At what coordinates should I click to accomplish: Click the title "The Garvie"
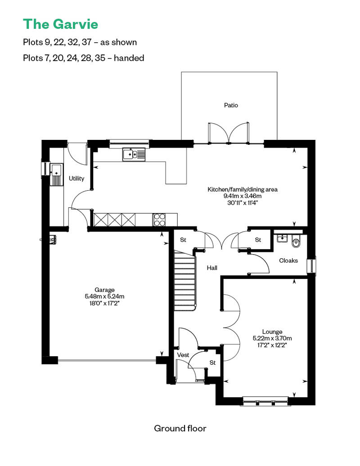click(60, 23)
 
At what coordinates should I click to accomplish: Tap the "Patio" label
click(231, 105)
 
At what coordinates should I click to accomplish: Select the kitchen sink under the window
click(134, 155)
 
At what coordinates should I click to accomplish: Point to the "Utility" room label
click(76, 179)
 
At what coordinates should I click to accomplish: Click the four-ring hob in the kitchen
click(159, 219)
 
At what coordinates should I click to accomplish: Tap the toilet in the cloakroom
click(296, 242)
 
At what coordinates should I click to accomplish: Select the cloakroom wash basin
click(282, 238)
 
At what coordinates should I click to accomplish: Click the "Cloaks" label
click(288, 260)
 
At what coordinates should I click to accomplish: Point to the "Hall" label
click(212, 268)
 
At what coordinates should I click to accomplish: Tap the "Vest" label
click(183, 355)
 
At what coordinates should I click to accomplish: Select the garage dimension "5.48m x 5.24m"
click(104, 296)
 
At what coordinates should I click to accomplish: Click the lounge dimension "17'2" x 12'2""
click(270, 345)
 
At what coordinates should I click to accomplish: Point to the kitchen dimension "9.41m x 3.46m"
click(242, 196)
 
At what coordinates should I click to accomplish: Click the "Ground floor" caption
click(180, 428)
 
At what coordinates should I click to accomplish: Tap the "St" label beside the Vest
click(212, 362)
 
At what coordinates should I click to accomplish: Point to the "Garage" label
click(104, 290)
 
